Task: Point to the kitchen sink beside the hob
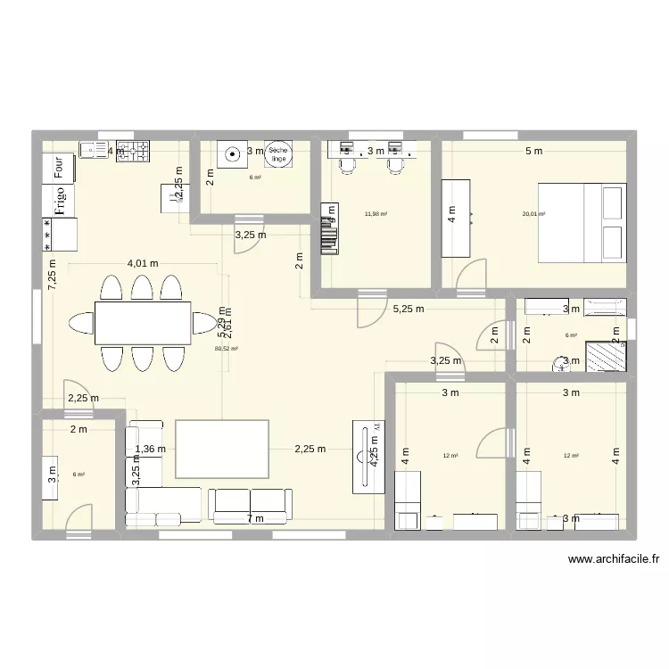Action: pos(94,151)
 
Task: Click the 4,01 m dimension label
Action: pos(143,263)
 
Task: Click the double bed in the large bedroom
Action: pos(579,224)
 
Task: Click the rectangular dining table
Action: pos(143,322)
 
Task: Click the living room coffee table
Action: pos(222,449)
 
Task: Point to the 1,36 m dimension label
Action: pos(151,450)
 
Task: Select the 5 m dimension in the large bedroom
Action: pos(533,151)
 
